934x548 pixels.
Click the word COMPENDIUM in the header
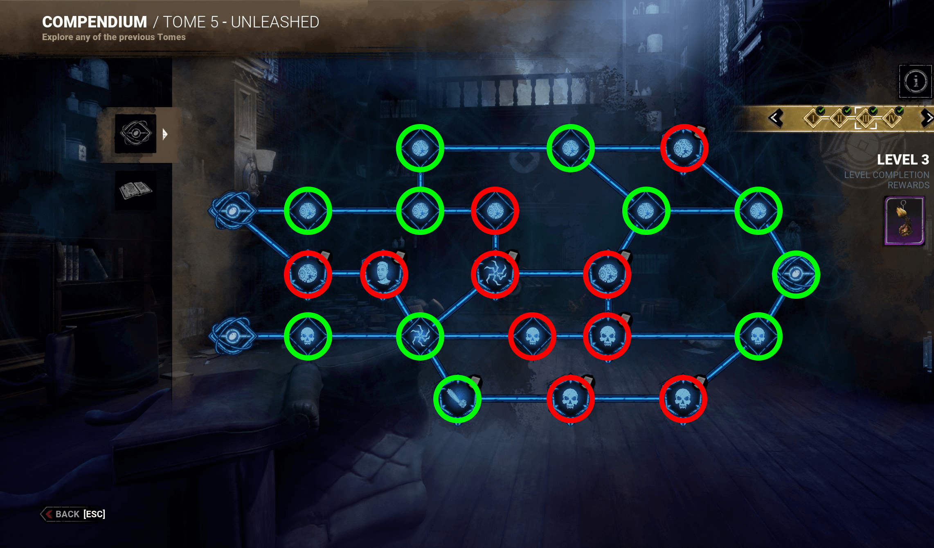[x=95, y=22]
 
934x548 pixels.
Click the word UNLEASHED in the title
[x=275, y=22]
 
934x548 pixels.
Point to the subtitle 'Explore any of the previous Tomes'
[x=114, y=37]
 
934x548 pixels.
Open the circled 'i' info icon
[x=916, y=81]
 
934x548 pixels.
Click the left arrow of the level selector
[x=776, y=118]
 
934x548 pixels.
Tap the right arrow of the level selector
[x=927, y=118]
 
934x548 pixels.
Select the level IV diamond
[x=892, y=118]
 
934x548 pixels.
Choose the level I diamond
[x=813, y=118]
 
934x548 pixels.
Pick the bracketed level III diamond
[x=866, y=118]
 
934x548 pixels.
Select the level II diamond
[x=839, y=118]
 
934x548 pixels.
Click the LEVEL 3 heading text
[x=903, y=160]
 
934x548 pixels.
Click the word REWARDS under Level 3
[x=908, y=185]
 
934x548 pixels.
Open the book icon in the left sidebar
[x=135, y=190]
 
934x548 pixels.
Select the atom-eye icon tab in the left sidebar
[x=135, y=133]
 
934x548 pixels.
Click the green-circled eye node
[x=796, y=274]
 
